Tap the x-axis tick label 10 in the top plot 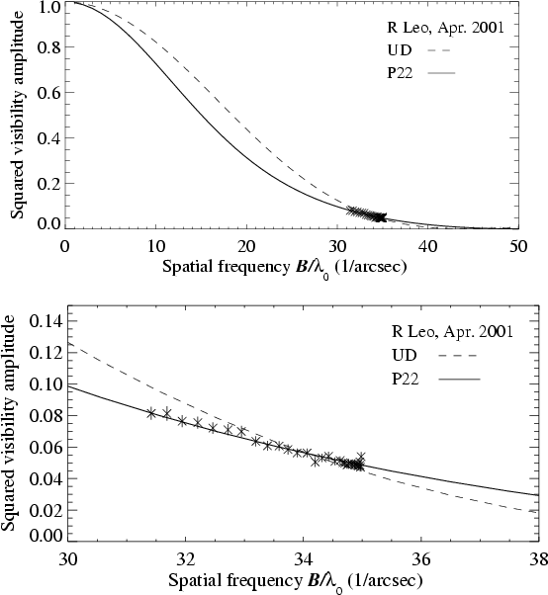[155, 246]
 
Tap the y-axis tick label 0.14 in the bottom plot [45, 321]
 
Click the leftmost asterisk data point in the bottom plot [151, 413]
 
